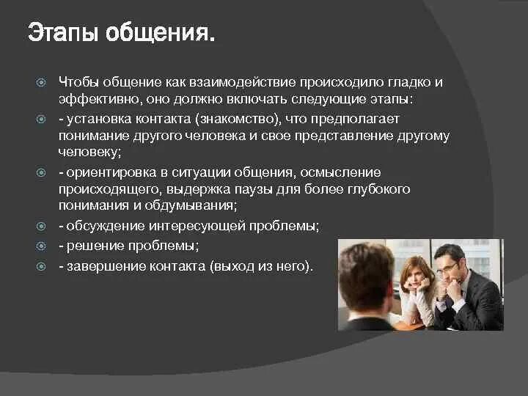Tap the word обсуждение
pos(109,226)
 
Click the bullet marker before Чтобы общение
pos(42,82)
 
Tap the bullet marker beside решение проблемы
pos(42,245)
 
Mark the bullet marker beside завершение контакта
pos(42,265)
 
